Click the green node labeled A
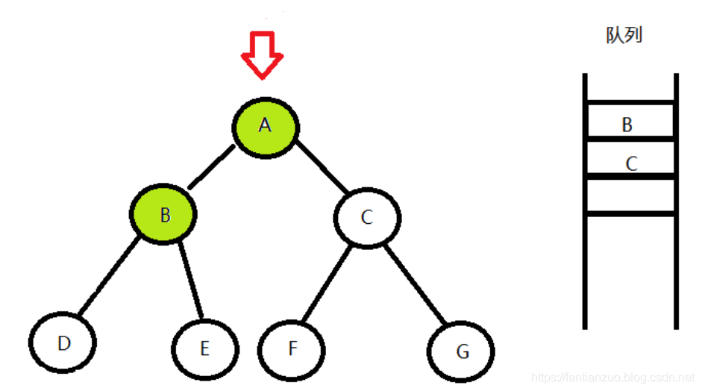(x=265, y=126)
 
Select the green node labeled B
(x=165, y=215)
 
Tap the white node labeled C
(x=366, y=217)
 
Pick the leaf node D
(x=63, y=343)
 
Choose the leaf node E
(x=205, y=348)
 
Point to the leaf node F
(x=292, y=348)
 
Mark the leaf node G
(x=463, y=351)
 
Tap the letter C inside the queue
(x=631, y=163)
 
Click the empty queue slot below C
(x=630, y=195)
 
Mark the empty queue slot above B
(x=630, y=88)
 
